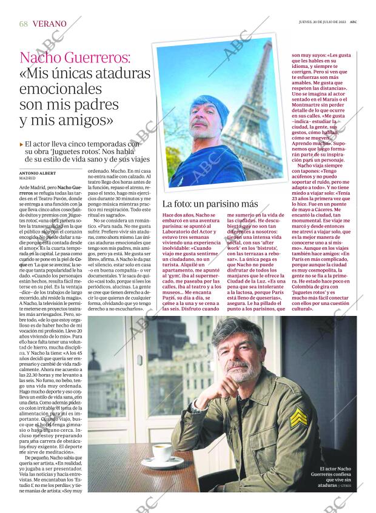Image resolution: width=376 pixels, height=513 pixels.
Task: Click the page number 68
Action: point(24,24)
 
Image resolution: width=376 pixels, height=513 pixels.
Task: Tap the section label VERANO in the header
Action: point(50,24)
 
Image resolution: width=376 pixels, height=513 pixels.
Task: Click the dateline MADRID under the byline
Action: point(28,178)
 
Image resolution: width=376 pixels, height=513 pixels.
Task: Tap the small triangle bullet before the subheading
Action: point(21,144)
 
